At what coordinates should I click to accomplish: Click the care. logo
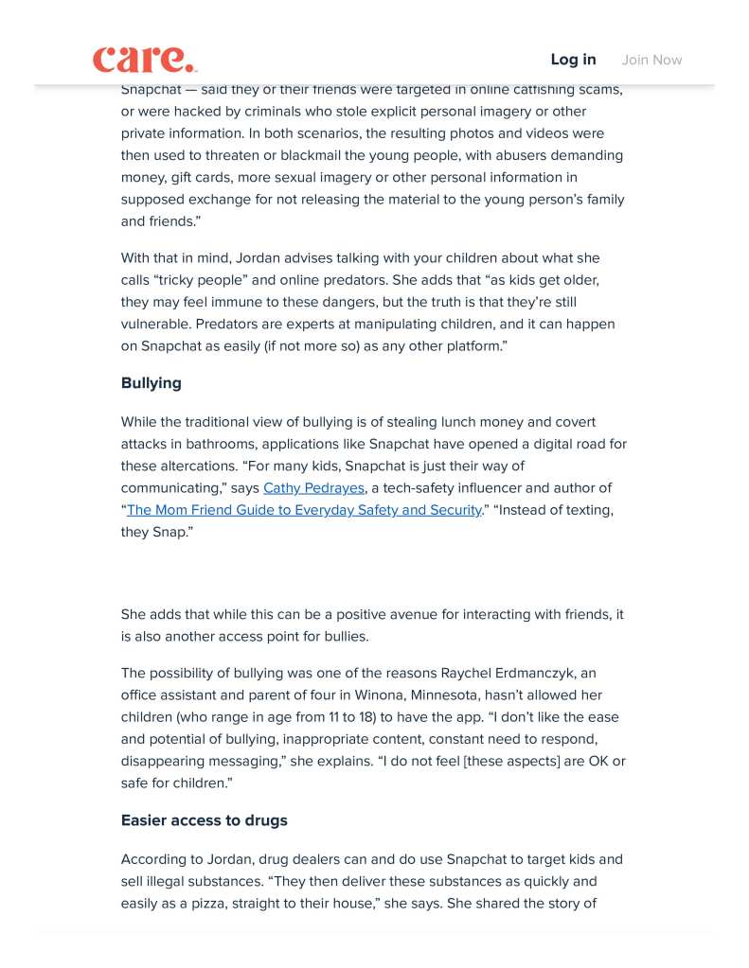click(145, 60)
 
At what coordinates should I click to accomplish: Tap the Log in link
click(573, 60)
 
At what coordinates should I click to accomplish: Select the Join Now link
click(651, 60)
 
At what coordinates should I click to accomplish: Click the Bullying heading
click(151, 383)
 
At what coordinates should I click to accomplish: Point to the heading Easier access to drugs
click(204, 820)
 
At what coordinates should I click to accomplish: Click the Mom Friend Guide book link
click(304, 510)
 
